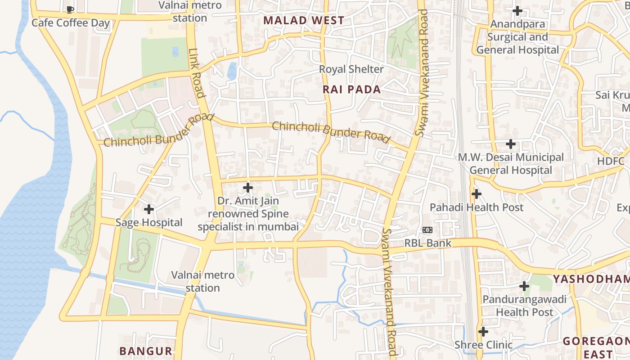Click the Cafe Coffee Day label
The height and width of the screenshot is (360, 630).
pos(71,23)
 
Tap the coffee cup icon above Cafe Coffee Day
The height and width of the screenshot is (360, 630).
pos(70,9)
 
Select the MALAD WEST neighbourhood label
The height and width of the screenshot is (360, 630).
pos(304,20)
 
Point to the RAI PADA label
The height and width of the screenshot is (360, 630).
pos(352,90)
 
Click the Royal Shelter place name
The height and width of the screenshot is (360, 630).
pos(351,69)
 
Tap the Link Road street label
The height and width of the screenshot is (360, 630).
pos(197,73)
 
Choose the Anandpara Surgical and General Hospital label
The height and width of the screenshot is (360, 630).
pos(517,37)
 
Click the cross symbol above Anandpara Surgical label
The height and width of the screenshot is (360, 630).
pos(517,10)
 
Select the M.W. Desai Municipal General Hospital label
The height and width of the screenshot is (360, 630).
pos(511,164)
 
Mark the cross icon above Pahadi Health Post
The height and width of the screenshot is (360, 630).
pos(476,194)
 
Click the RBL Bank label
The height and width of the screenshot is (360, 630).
pos(427,243)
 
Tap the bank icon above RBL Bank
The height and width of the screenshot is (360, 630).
pos(427,230)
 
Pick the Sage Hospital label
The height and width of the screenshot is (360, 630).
pos(149,223)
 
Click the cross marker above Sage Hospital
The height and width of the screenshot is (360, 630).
pos(149,209)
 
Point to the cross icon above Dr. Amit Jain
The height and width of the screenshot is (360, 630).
pos(247,188)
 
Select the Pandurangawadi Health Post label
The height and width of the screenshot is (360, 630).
pos(524,306)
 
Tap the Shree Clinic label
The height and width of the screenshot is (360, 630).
pos(483,345)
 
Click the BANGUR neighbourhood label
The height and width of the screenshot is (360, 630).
pos(146,351)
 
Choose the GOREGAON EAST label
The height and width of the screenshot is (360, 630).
pos(596,347)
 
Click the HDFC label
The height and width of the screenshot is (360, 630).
pos(611,162)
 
